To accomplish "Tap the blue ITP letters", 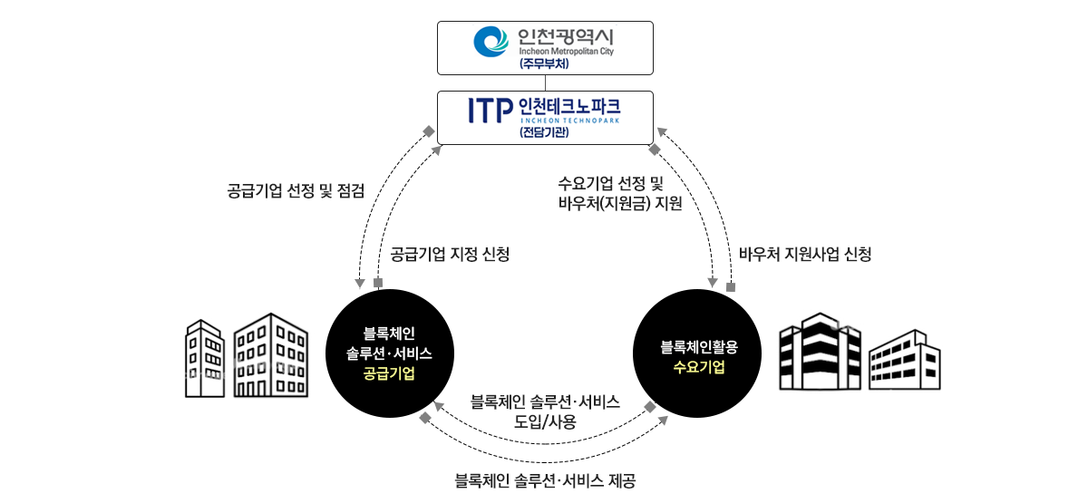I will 490,110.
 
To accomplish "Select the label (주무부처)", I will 544,64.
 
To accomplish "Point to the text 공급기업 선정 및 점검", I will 296,190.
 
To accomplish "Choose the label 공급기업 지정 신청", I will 450,254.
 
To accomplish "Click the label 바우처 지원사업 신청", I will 805,254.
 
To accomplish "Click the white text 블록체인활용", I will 699,346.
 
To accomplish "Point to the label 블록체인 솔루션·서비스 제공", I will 544,480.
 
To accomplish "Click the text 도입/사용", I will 545,421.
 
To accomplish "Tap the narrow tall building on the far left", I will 205,358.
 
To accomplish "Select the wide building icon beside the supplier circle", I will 270,355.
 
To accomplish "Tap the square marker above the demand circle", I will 730,287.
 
